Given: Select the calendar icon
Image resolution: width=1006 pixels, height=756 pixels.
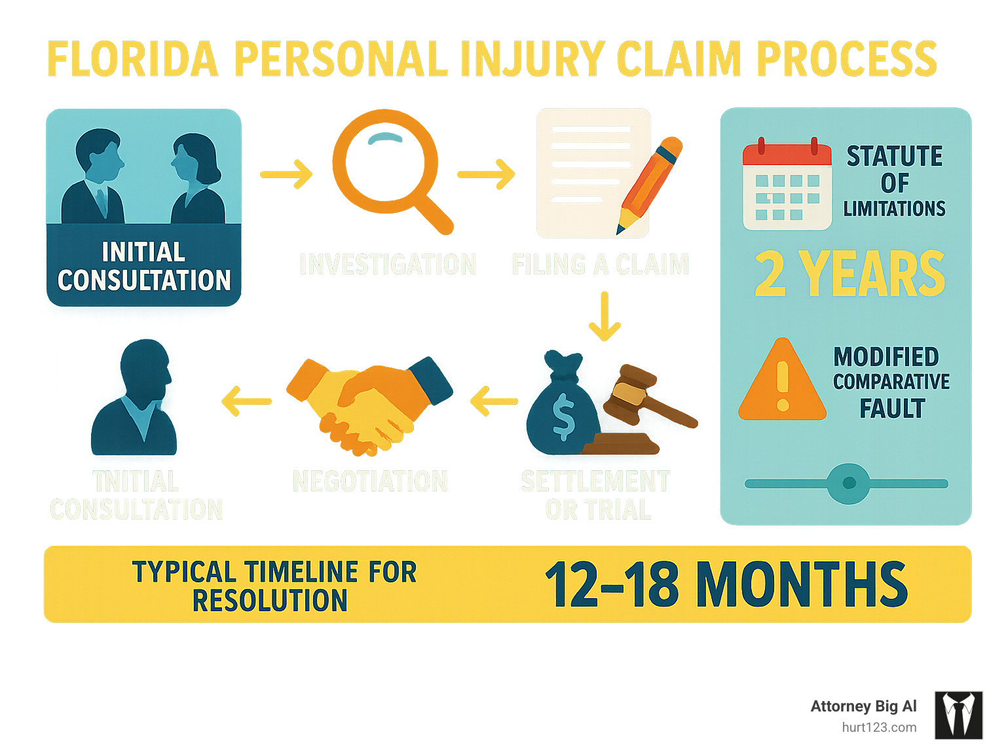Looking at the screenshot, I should (787, 185).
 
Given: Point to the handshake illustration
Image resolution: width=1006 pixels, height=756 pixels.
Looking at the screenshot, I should (369, 405).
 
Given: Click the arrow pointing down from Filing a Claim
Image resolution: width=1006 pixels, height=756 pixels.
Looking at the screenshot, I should (605, 316).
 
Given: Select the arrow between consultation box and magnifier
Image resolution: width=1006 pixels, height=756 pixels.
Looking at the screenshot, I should (286, 174).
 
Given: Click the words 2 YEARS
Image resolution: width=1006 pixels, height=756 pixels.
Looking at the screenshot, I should (849, 274).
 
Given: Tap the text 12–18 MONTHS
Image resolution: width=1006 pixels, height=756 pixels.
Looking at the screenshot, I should (726, 584).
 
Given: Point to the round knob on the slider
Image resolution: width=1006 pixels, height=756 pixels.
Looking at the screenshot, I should (849, 483).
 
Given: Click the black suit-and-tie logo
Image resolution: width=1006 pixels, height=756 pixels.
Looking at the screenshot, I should (958, 715).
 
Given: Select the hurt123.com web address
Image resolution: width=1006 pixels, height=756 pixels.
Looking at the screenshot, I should (879, 727).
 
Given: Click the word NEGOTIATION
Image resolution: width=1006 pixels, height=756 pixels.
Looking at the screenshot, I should (370, 482).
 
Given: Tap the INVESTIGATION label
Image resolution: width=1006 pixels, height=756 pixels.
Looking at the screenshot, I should (388, 265).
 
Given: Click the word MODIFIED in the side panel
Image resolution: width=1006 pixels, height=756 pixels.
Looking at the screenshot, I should (886, 357).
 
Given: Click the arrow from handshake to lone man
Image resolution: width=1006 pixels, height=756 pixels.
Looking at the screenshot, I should (247, 401).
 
